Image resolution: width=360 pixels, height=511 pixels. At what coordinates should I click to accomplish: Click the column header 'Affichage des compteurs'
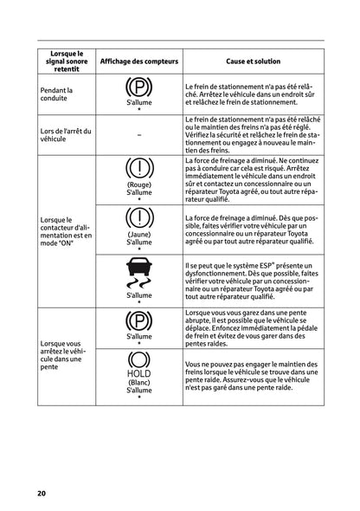pos(138,62)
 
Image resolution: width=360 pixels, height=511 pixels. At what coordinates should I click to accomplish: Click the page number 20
pos(41,494)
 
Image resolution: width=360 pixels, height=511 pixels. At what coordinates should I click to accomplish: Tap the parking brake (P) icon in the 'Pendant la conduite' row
pos(138,88)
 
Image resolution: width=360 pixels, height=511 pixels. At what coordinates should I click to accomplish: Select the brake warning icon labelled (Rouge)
pos(138,168)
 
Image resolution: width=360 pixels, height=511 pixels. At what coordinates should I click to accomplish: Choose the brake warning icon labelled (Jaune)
pos(138,217)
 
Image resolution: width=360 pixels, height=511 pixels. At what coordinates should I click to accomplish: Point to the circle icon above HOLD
pos(138,359)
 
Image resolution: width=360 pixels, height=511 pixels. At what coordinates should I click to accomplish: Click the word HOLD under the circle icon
pos(138,374)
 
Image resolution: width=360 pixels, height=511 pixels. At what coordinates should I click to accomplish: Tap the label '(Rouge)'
pos(138,184)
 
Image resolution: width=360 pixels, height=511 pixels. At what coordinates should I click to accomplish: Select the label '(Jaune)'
pos(138,234)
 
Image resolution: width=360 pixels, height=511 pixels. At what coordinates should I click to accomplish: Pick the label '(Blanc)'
pos(138,383)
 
